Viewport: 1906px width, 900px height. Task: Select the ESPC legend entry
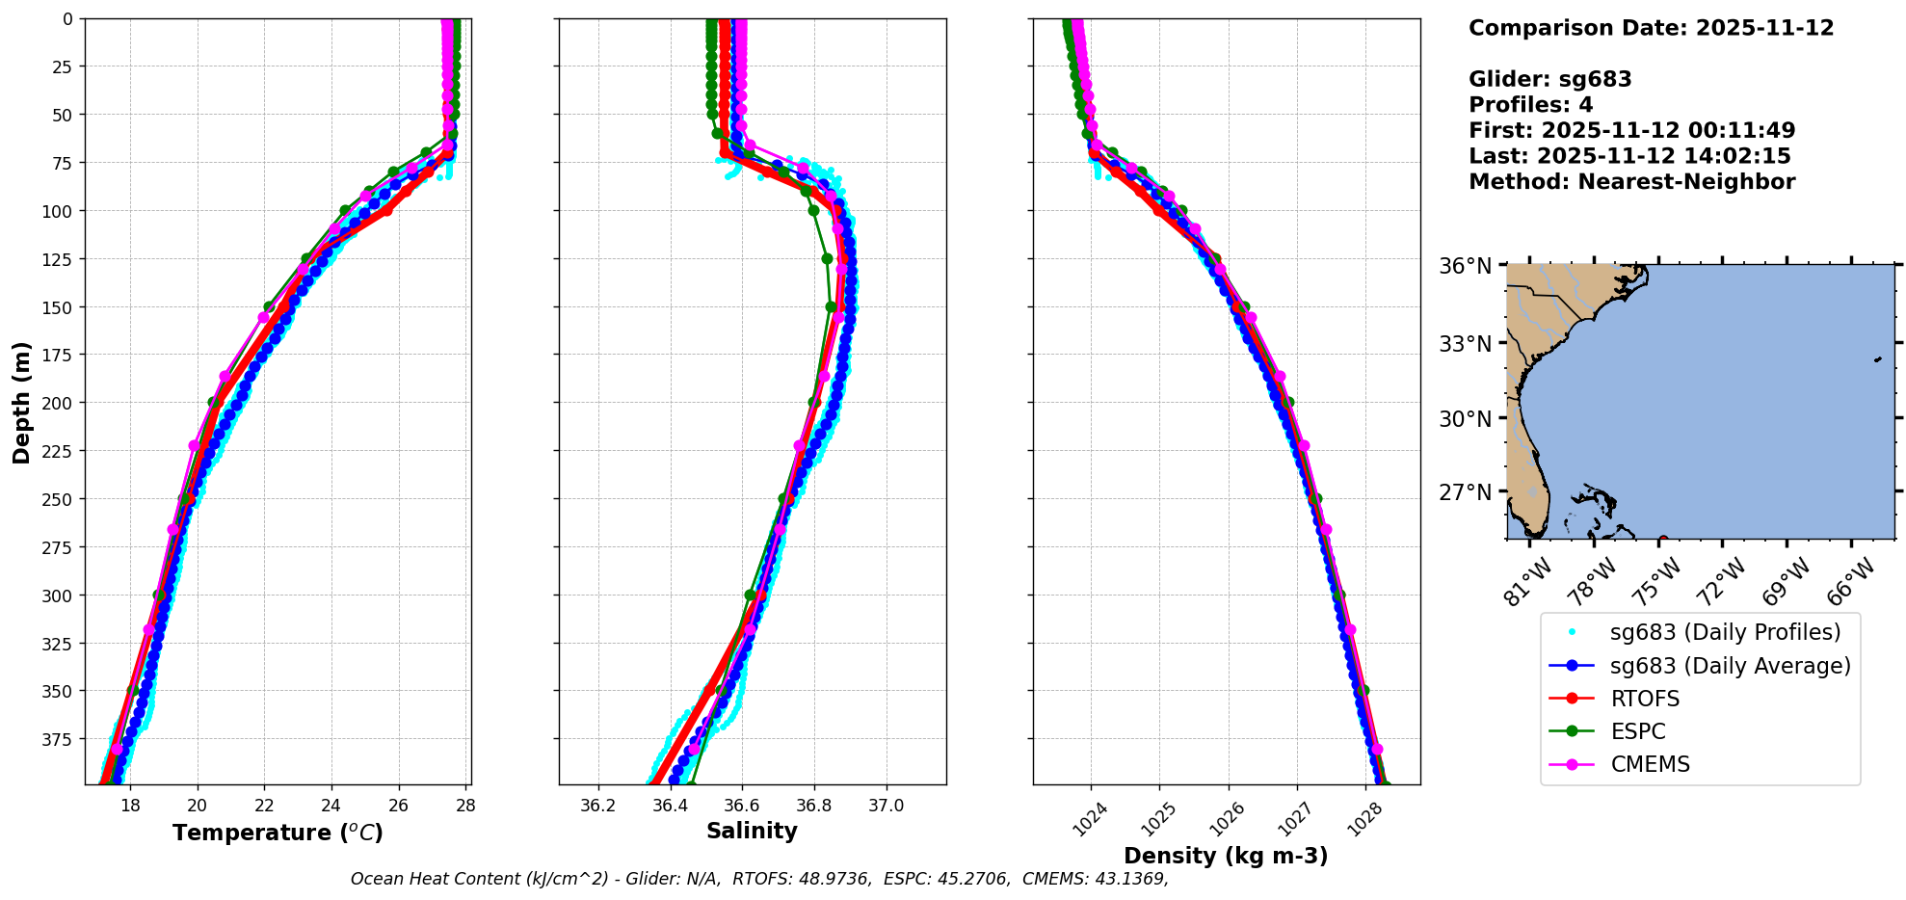(1637, 731)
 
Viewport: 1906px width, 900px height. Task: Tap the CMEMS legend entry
(1650, 764)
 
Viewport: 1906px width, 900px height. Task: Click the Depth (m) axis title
(22, 402)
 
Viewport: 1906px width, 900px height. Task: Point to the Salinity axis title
(752, 831)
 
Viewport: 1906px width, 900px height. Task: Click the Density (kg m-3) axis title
(1226, 855)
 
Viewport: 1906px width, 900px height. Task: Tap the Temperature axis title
(278, 833)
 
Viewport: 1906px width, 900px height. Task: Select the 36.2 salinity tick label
(597, 806)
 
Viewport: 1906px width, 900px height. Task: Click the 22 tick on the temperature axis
(264, 806)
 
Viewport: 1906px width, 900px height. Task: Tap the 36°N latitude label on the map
(1465, 266)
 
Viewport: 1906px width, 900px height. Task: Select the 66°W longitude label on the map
(1850, 582)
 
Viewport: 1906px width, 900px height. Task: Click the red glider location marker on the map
(1663, 539)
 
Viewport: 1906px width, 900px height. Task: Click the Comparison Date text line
(1651, 28)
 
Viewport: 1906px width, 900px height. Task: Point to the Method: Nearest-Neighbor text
(1631, 182)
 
